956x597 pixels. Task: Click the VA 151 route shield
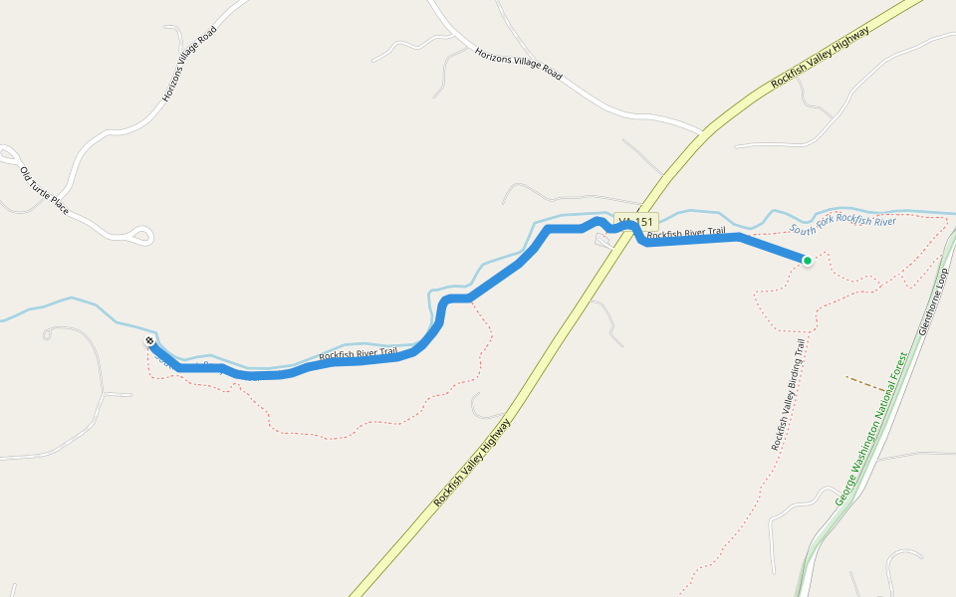635,222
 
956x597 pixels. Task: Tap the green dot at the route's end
807,261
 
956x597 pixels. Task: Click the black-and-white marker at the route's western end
149,341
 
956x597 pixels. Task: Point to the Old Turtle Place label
44,192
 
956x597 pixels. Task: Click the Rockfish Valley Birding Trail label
788,395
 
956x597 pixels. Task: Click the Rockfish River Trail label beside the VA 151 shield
686,234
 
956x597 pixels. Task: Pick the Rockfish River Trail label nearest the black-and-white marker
358,353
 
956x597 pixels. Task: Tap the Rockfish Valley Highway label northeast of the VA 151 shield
821,58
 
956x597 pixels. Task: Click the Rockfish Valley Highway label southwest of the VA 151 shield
472,463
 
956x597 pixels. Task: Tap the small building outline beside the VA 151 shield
604,240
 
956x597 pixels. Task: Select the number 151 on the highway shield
643,222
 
